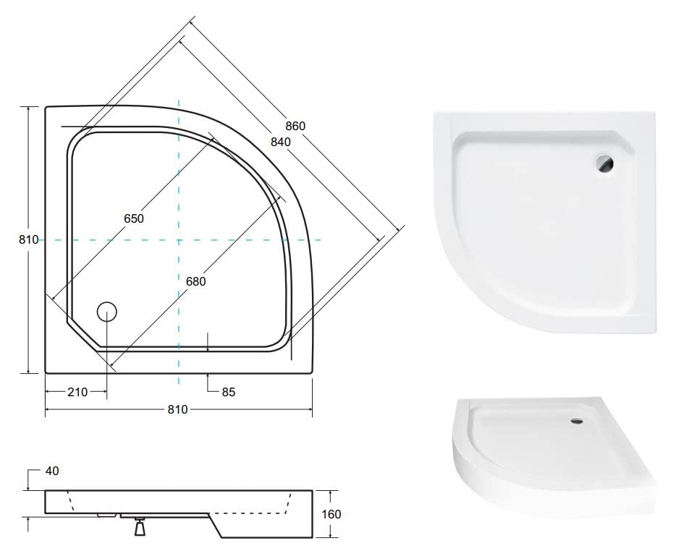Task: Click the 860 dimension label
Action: [x=295, y=126]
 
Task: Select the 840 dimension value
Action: [x=281, y=141]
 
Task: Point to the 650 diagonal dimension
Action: [x=134, y=218]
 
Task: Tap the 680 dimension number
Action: [x=195, y=281]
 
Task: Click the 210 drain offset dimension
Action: [x=77, y=392]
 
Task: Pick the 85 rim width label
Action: [x=229, y=392]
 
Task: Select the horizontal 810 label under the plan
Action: [x=177, y=409]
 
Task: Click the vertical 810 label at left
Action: [x=28, y=239]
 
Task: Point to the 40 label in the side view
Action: [x=52, y=471]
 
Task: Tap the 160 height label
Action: [x=331, y=514]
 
